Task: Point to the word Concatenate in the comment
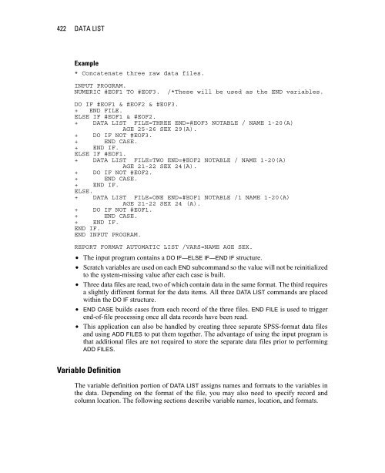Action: tap(105, 72)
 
